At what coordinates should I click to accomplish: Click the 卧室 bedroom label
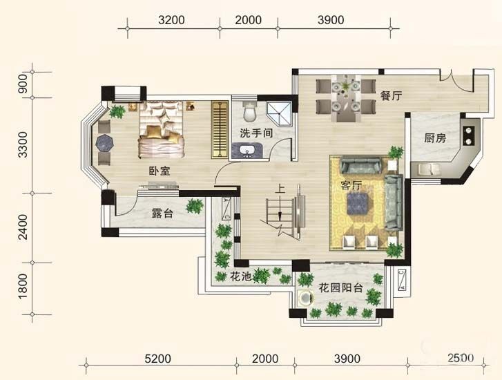coord(160,171)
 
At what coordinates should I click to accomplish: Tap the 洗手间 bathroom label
coord(256,133)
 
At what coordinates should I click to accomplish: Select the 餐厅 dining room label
coord(391,95)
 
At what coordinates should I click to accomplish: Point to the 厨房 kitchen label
coord(435,138)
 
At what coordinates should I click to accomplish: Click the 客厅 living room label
coord(351,186)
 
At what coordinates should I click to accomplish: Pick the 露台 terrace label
coord(162,213)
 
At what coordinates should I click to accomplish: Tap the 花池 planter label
coord(240,276)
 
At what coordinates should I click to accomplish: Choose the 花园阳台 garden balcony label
coord(340,288)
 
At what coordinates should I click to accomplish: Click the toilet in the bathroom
coord(250,111)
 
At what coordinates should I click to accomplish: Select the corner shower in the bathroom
coord(279,114)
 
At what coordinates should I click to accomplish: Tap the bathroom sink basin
coord(247,151)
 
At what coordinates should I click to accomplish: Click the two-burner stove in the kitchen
coord(469,136)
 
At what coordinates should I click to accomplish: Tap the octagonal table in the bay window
coord(105,142)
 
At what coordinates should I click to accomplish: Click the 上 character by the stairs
coord(280,189)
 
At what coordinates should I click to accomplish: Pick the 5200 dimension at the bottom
coord(158,359)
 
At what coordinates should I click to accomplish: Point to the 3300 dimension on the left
coord(23,144)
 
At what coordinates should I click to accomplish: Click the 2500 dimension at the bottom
coord(461,358)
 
